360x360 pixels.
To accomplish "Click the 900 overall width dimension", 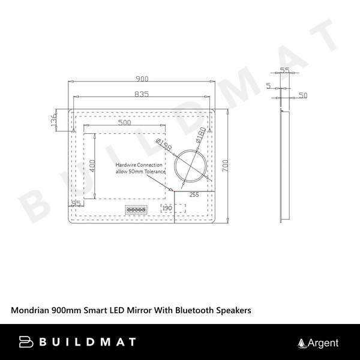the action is tap(142, 79).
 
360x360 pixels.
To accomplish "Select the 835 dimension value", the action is tap(142, 94).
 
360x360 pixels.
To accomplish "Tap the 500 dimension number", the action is tap(124, 122).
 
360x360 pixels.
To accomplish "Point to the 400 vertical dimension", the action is tap(92, 166).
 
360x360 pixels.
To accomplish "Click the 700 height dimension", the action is tap(225, 166).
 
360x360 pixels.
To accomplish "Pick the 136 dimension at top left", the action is tap(53, 120).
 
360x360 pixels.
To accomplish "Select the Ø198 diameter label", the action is tap(163, 145).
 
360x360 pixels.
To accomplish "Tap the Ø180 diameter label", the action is tap(200, 135).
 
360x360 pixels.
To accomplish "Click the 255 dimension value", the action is tap(194, 194).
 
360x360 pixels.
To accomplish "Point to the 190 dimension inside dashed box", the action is tap(167, 208).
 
